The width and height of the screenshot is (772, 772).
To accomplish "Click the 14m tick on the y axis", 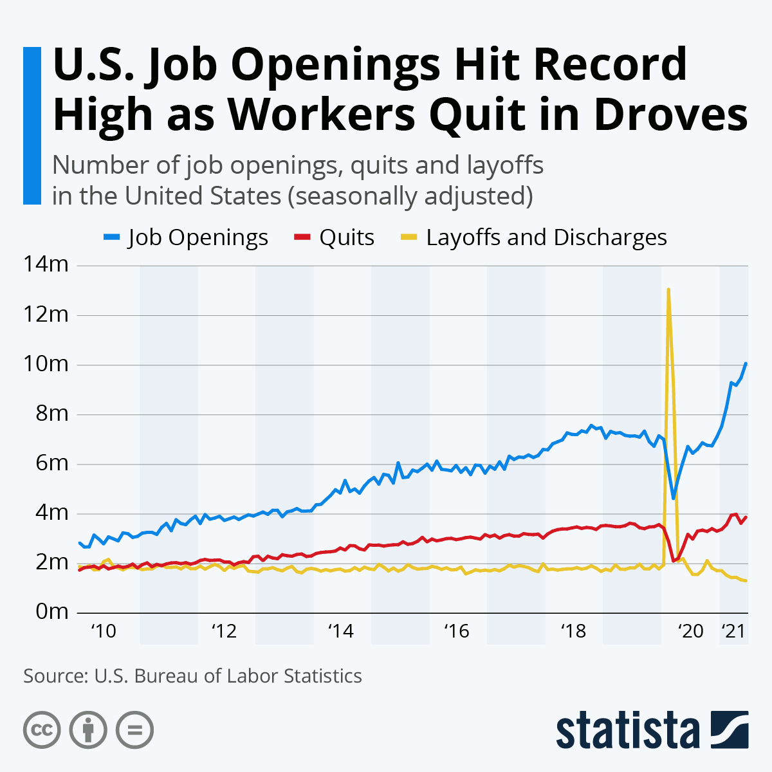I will (x=46, y=264).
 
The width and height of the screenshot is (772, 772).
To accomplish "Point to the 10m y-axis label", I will (x=46, y=364).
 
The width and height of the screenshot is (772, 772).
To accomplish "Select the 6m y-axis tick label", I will (x=50, y=463).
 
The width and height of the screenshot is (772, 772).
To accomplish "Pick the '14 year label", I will (x=340, y=631).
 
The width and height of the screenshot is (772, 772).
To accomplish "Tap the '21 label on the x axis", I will (x=733, y=631).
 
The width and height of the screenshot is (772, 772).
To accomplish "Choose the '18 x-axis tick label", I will (x=573, y=631).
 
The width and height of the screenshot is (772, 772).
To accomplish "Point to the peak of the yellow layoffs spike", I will (x=669, y=289).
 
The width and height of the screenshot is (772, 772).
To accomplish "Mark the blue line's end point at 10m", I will (x=746, y=363).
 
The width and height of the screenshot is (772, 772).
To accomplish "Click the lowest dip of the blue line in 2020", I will (x=674, y=498).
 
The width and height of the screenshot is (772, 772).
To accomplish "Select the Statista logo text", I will (x=627, y=730).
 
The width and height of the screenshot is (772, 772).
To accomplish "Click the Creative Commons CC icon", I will (x=42, y=730).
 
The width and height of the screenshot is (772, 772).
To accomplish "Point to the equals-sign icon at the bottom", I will (x=135, y=730).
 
